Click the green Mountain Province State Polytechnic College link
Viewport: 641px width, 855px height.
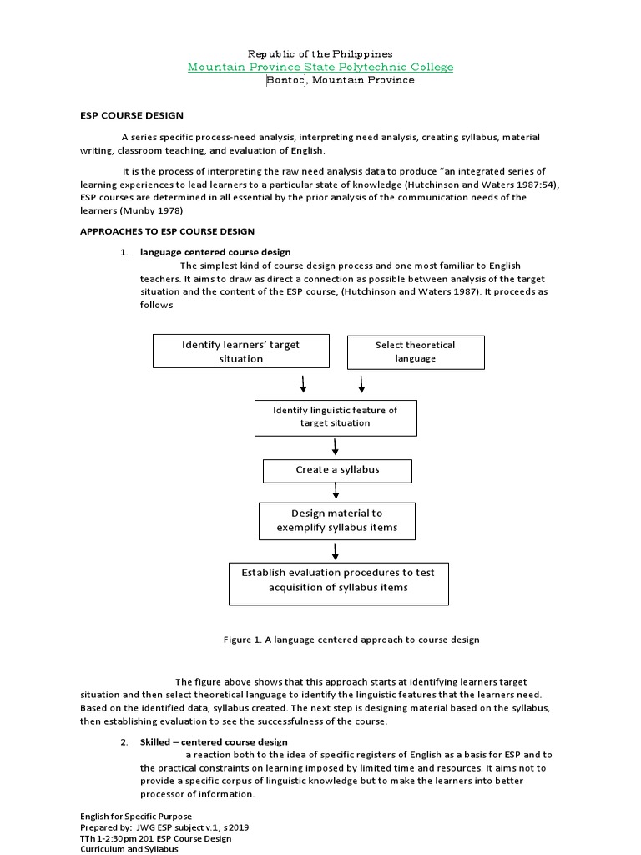pos(320,67)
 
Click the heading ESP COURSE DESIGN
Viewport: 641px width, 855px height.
pos(131,115)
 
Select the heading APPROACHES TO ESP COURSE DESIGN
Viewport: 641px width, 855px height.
pos(167,231)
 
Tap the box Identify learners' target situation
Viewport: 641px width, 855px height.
pos(240,352)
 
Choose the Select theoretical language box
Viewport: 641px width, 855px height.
pos(415,352)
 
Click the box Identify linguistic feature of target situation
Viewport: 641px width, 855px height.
pos(335,417)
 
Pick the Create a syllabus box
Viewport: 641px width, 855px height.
pos(337,470)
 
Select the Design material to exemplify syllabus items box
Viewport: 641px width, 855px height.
pos(337,520)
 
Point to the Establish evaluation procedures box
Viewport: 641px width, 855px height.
pos(338,583)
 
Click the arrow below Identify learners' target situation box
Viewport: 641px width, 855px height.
pos(303,384)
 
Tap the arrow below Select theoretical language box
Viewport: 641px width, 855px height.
pos(361,384)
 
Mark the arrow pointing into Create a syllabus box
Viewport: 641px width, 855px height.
pos(335,447)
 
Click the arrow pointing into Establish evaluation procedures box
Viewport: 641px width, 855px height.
pos(335,551)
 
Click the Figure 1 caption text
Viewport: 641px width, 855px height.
pos(351,640)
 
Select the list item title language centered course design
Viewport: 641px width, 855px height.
pos(215,252)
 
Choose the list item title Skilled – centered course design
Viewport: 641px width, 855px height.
pos(214,741)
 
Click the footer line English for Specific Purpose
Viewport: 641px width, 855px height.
pos(136,817)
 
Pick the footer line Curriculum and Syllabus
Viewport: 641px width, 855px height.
pos(129,849)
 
